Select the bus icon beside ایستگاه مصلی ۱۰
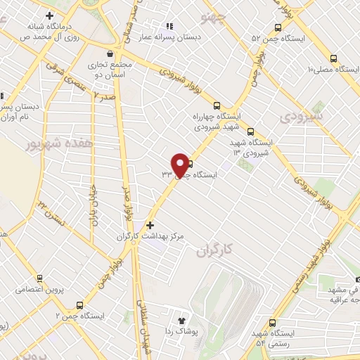[x=336, y=58]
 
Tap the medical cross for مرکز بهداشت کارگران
[x=149, y=226]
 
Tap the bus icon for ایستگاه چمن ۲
[x=79, y=306]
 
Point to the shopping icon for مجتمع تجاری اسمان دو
[x=110, y=53]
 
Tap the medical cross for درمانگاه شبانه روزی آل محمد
[x=49, y=15]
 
